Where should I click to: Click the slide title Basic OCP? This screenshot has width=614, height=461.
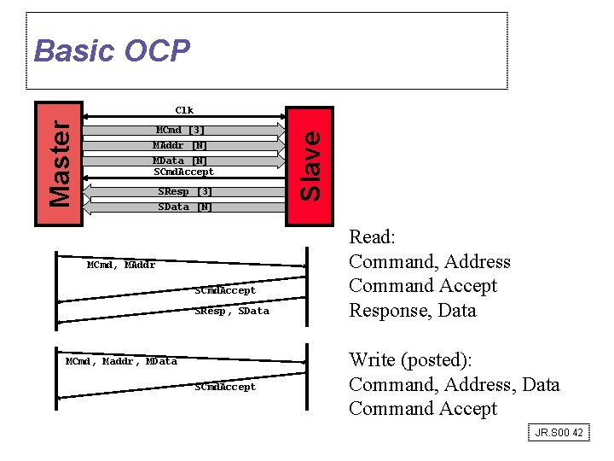pos(112,51)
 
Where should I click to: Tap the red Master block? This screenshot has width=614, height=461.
pos(58,164)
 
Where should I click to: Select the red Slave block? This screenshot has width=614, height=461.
pos(309,166)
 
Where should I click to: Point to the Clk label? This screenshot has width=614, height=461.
pos(184,110)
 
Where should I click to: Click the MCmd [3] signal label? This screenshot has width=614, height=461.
pos(180,130)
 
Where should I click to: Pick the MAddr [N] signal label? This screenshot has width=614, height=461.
pos(180,145)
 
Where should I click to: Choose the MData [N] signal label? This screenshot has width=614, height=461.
pos(180,160)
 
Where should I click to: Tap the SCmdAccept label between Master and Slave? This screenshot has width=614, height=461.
pos(183,172)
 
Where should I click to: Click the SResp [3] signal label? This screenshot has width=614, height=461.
pos(185,191)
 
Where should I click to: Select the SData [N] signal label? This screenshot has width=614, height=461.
pos(185,207)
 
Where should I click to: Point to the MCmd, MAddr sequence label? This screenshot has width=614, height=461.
pos(121,265)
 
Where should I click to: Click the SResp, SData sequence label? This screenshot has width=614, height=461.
pos(231,311)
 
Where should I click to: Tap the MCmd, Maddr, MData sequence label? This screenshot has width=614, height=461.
pos(121,361)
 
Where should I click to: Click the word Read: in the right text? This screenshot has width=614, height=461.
pos(372,237)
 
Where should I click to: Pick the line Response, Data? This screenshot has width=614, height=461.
pos(412,310)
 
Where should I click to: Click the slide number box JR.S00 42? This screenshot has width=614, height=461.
pos(559,433)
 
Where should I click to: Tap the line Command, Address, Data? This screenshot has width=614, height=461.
pos(454,384)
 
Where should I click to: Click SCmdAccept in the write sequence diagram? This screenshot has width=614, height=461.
pos(225,387)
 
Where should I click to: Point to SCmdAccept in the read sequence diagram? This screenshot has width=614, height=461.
pos(225,290)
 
